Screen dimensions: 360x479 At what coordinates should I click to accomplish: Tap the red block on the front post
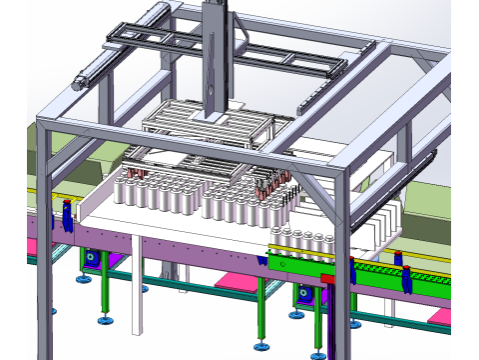click(x=326, y=277)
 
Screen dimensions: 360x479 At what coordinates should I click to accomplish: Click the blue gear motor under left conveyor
click(x=92, y=259)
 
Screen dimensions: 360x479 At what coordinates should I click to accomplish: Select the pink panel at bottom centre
click(x=236, y=282)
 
